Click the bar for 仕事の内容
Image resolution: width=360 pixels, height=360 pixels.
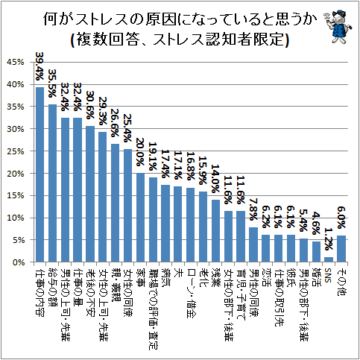40,175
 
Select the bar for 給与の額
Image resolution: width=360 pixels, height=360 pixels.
52,183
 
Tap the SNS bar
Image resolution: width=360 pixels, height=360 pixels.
329,259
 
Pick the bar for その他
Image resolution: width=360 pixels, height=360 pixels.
341,249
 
